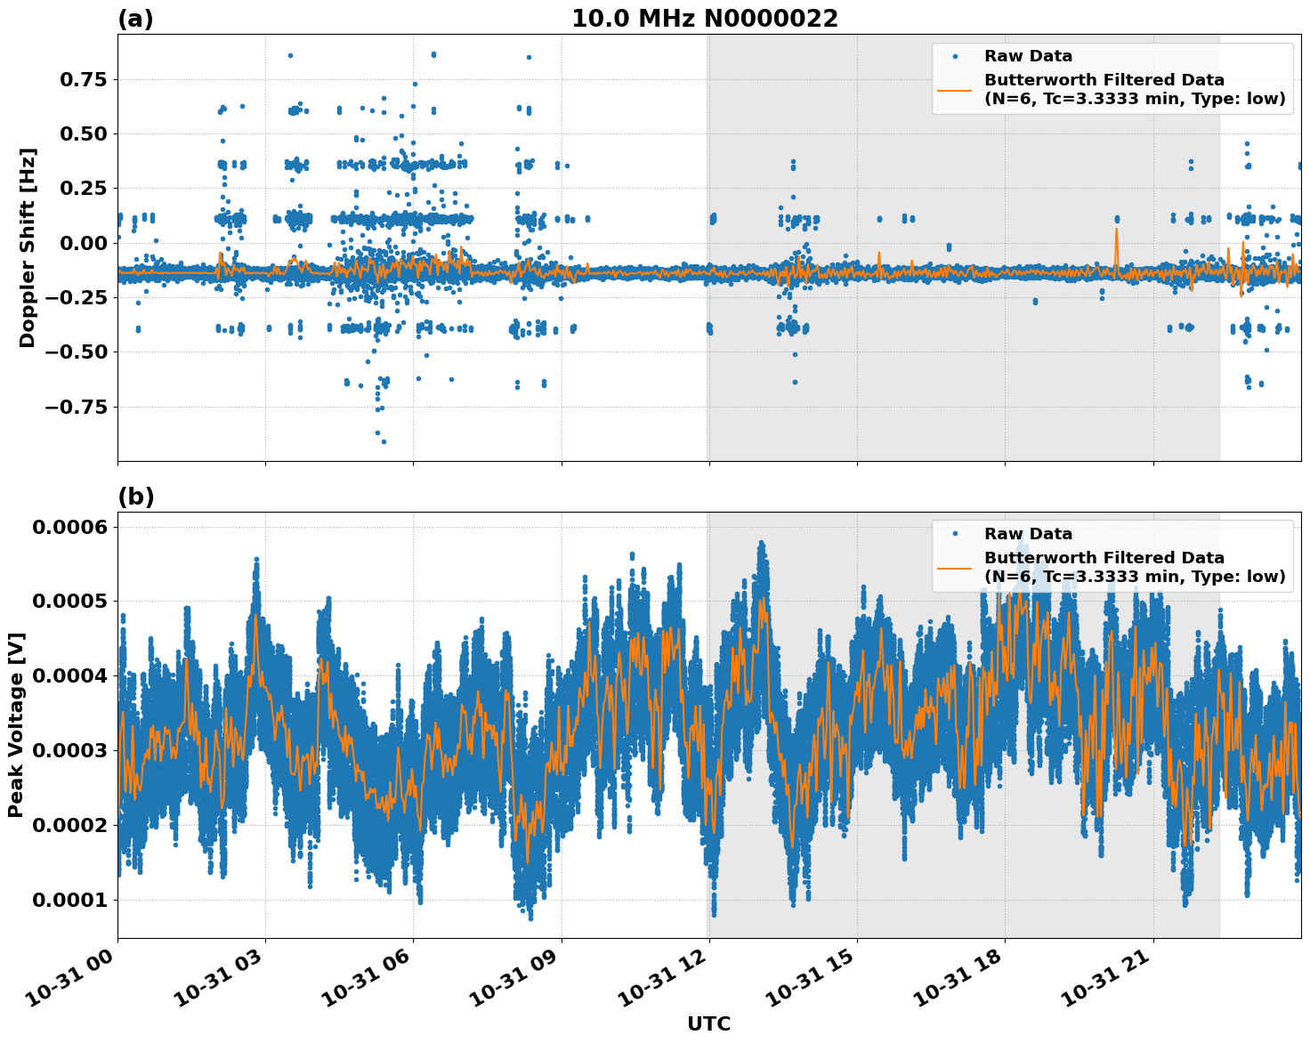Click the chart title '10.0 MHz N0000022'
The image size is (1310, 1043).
coord(704,19)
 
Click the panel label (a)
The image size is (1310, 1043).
coord(135,19)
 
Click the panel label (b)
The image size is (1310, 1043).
coord(135,497)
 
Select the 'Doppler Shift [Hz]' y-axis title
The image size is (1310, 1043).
coord(28,247)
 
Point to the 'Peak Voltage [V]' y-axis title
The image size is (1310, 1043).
coord(16,724)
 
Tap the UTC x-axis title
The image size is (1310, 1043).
coord(708,1023)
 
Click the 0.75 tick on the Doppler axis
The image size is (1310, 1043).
coord(83,80)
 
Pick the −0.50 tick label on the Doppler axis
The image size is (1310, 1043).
coord(76,352)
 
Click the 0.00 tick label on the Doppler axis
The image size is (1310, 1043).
coord(83,243)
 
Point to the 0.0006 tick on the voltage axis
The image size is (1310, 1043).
coord(70,527)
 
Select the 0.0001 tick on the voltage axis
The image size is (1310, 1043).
coord(70,900)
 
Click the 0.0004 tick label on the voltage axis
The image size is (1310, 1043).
coord(70,676)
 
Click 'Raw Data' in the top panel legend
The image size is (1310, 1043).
coord(1028,56)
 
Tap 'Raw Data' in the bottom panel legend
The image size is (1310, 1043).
coord(1028,534)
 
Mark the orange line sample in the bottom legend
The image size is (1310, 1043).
coord(954,567)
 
